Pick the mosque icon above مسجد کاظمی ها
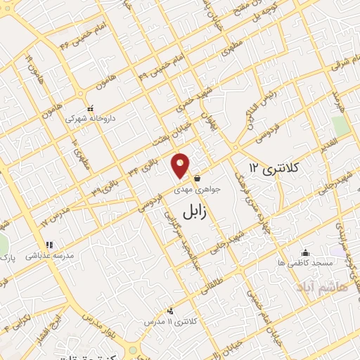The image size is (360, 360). pos(304,252)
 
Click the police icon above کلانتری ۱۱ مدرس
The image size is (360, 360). pos(170,311)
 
